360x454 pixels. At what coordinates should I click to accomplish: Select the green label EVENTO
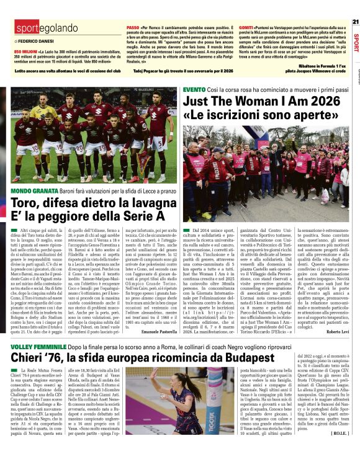point(194,90)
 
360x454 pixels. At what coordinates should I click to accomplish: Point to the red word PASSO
point(133,29)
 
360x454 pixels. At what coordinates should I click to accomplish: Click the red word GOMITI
point(246,29)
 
